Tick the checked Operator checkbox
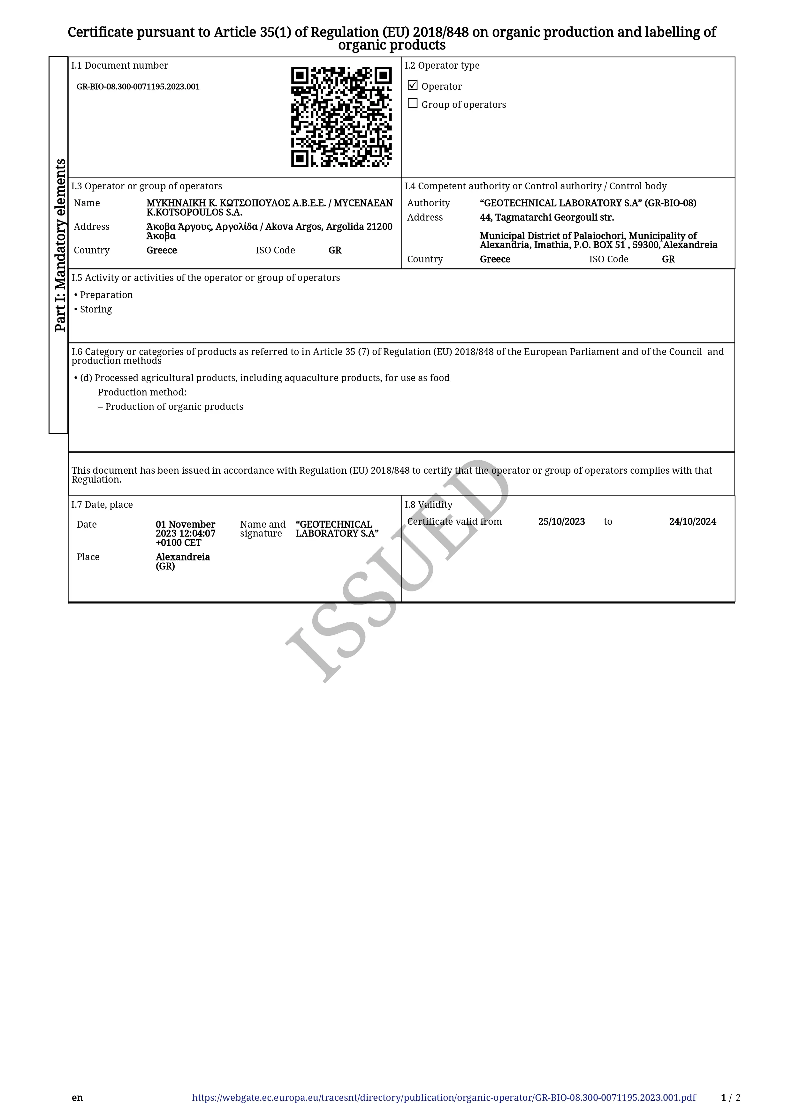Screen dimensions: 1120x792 pos(413,85)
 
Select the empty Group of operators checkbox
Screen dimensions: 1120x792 pos(413,103)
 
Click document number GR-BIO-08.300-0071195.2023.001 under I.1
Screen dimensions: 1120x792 pos(138,87)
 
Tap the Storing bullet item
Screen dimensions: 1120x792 pos(95,309)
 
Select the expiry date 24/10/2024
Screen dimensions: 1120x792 pos(692,522)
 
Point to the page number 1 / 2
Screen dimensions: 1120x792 pos(730,1098)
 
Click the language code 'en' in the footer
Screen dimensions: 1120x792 pos(77,1098)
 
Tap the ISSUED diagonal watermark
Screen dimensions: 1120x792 pos(398,571)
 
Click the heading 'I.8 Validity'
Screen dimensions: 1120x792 pos(428,505)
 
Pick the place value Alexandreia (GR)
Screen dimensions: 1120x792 pos(182,561)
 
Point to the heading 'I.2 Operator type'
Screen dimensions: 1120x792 pos(442,65)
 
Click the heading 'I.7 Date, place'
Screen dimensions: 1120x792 pos(102,505)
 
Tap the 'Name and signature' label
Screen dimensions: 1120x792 pos(263,529)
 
